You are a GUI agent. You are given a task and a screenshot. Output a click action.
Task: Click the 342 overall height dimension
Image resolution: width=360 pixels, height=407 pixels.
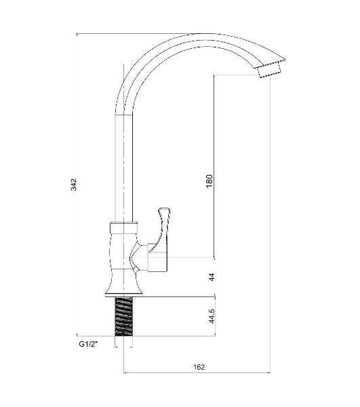(74, 185)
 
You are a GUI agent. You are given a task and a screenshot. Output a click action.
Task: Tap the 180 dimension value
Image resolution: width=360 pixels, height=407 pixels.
(209, 181)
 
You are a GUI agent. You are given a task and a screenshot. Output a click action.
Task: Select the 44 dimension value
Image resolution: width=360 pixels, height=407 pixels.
(212, 277)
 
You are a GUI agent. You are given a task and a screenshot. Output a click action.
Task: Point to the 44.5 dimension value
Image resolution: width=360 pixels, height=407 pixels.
(212, 316)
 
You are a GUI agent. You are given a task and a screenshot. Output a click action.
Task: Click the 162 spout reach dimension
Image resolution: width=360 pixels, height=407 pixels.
(199, 367)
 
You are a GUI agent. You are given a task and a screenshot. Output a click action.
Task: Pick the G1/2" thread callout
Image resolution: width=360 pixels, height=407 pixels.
(88, 344)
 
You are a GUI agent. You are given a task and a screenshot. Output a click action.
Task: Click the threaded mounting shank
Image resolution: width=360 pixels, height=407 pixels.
(123, 317)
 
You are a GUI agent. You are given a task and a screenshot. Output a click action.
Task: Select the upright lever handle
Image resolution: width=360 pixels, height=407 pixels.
(163, 229)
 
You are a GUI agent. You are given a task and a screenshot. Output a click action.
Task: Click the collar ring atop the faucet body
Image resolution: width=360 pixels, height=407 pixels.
(123, 227)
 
